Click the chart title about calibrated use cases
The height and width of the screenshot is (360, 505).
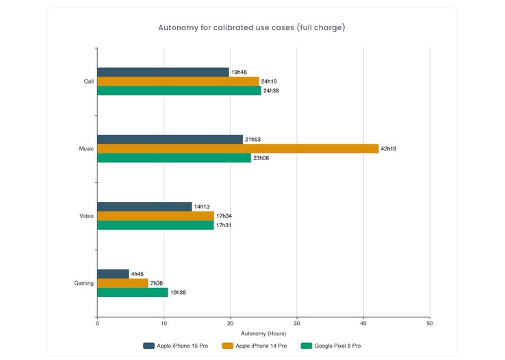[251, 28]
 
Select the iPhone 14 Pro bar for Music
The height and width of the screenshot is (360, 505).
[237, 149]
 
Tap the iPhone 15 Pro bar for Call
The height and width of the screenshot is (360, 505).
[163, 72]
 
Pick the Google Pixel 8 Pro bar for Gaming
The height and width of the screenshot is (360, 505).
[132, 292]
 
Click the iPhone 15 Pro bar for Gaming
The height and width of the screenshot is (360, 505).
[113, 274]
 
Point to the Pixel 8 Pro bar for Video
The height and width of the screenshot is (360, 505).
[155, 225]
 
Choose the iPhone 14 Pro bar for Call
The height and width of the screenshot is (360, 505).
[178, 81]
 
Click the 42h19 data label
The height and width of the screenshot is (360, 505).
[389, 149]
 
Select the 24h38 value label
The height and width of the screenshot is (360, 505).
[272, 91]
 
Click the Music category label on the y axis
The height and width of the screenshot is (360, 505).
[86, 149]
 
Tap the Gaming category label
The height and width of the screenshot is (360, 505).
[83, 283]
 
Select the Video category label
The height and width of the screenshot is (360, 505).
[86, 216]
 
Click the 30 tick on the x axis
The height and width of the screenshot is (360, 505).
[296, 323]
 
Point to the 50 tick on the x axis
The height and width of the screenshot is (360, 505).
[429, 323]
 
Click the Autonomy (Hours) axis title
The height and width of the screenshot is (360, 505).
[263, 333]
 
